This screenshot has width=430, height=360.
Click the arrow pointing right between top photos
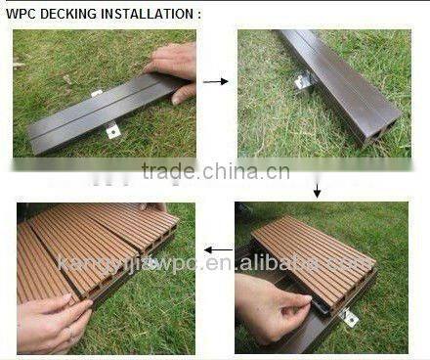click(216, 81)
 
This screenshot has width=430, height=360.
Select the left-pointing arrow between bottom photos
click(217, 250)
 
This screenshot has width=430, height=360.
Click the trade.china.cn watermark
click(215, 172)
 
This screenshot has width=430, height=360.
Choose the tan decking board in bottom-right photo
click(313, 249)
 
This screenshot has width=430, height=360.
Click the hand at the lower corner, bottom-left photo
click(54, 323)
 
